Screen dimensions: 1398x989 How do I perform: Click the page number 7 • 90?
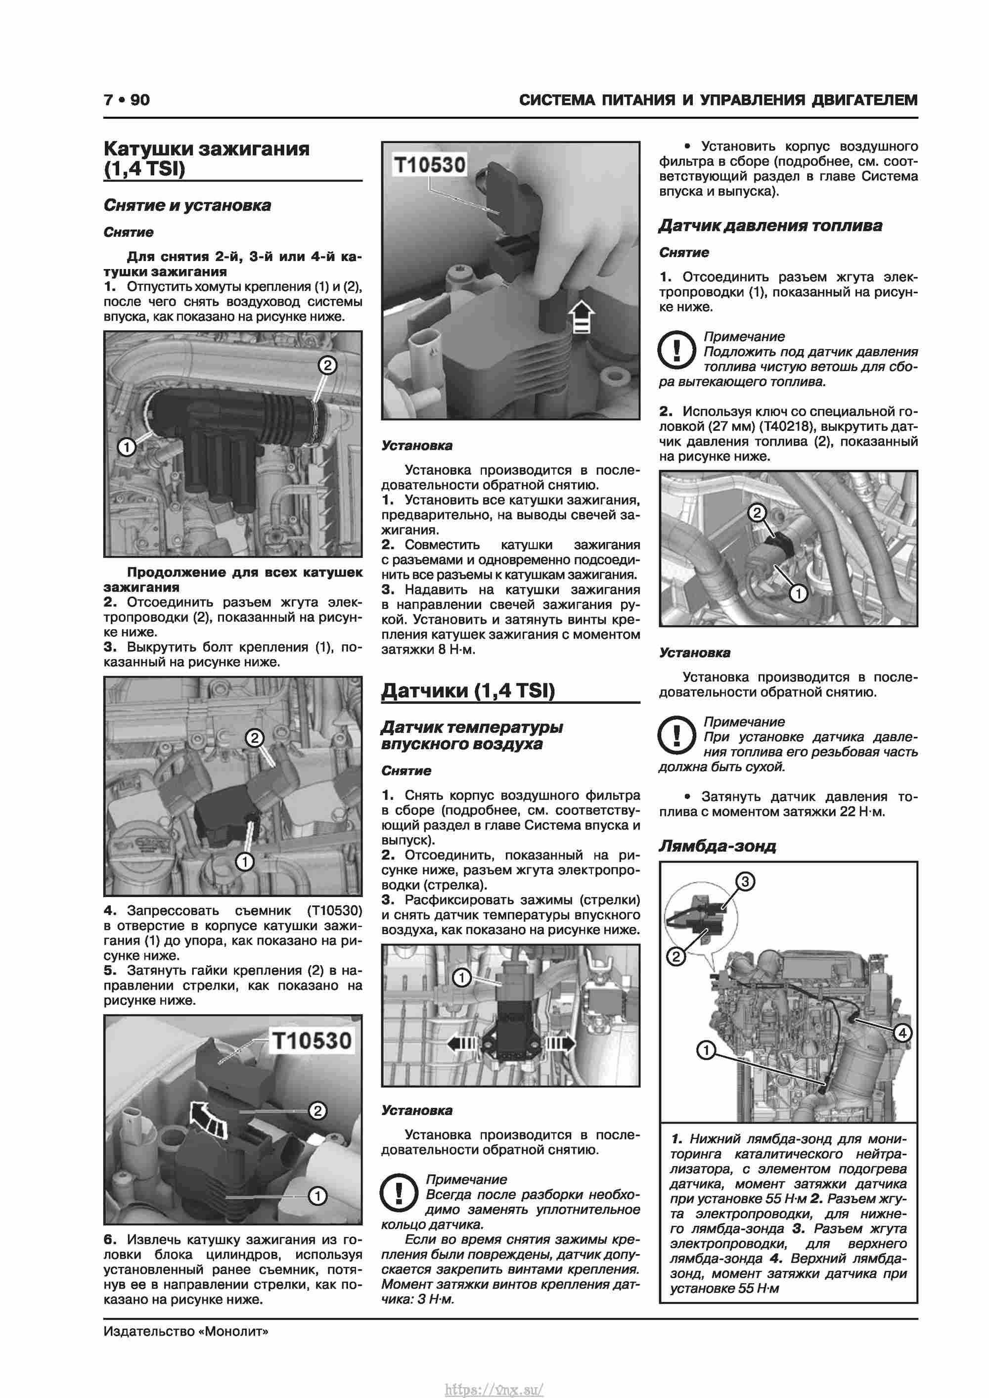point(127,100)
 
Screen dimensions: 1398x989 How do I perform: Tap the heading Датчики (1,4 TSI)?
point(468,690)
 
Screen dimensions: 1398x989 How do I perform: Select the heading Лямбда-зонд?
point(717,846)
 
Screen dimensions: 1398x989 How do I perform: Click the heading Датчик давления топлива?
point(770,225)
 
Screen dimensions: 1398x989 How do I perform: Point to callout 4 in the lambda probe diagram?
point(902,1033)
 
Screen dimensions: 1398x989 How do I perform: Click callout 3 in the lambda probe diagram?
point(745,881)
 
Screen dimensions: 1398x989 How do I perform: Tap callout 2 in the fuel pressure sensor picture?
point(757,513)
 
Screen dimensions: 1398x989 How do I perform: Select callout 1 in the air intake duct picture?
point(127,448)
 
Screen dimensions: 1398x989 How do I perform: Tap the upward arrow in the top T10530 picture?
point(581,316)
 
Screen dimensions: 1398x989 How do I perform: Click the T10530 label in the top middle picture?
point(430,164)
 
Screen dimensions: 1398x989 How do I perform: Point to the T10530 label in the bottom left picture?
point(312,1040)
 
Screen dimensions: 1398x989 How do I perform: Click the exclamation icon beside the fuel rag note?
point(676,350)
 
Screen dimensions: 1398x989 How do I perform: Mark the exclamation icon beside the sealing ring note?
point(399,1193)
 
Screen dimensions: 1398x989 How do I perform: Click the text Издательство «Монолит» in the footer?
point(186,1331)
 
